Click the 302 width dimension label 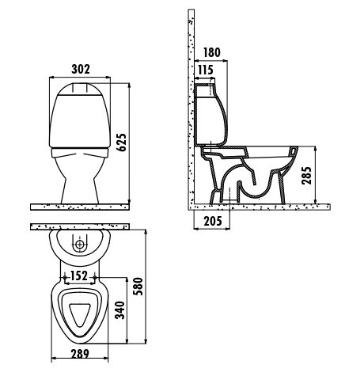click(x=81, y=69)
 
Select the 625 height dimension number click(x=122, y=142)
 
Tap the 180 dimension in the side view click(x=212, y=52)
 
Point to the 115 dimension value click(x=206, y=70)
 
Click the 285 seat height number click(x=307, y=176)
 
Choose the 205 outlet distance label click(x=213, y=221)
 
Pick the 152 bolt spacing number click(x=79, y=276)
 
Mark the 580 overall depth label click(x=138, y=287)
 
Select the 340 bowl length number click(x=120, y=310)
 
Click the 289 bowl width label click(x=80, y=354)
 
